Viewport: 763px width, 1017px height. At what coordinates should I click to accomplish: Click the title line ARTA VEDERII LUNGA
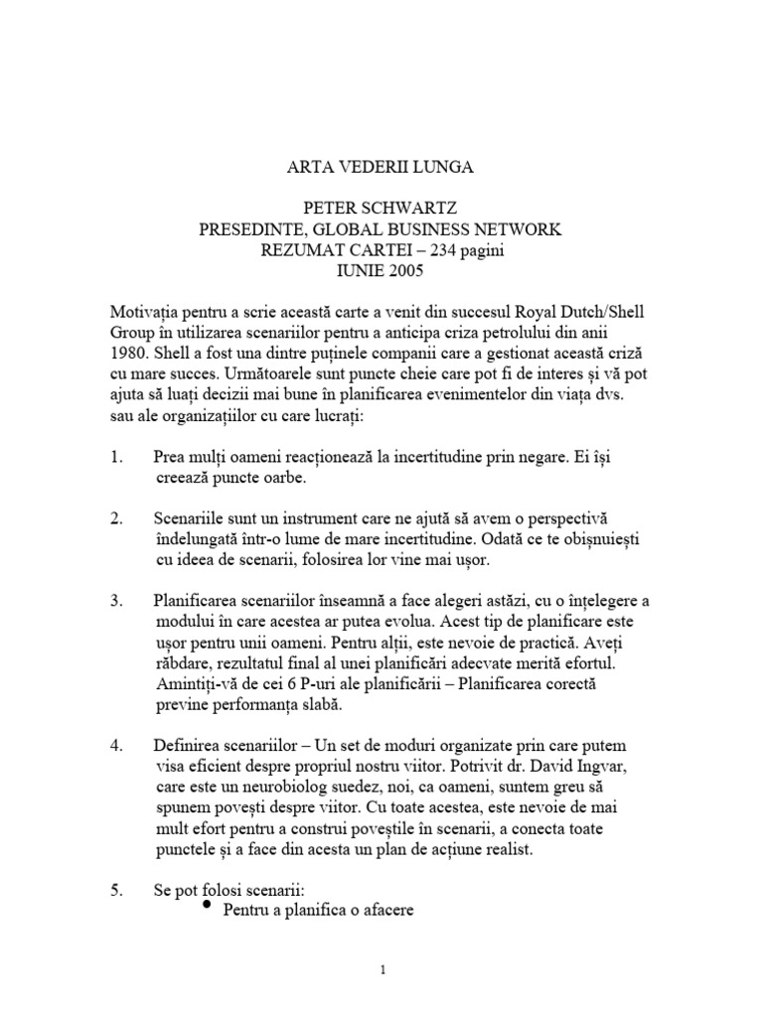(381, 168)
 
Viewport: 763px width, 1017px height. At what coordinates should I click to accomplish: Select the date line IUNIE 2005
(381, 273)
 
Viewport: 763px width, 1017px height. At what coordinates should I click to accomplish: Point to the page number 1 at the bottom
(381, 970)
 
